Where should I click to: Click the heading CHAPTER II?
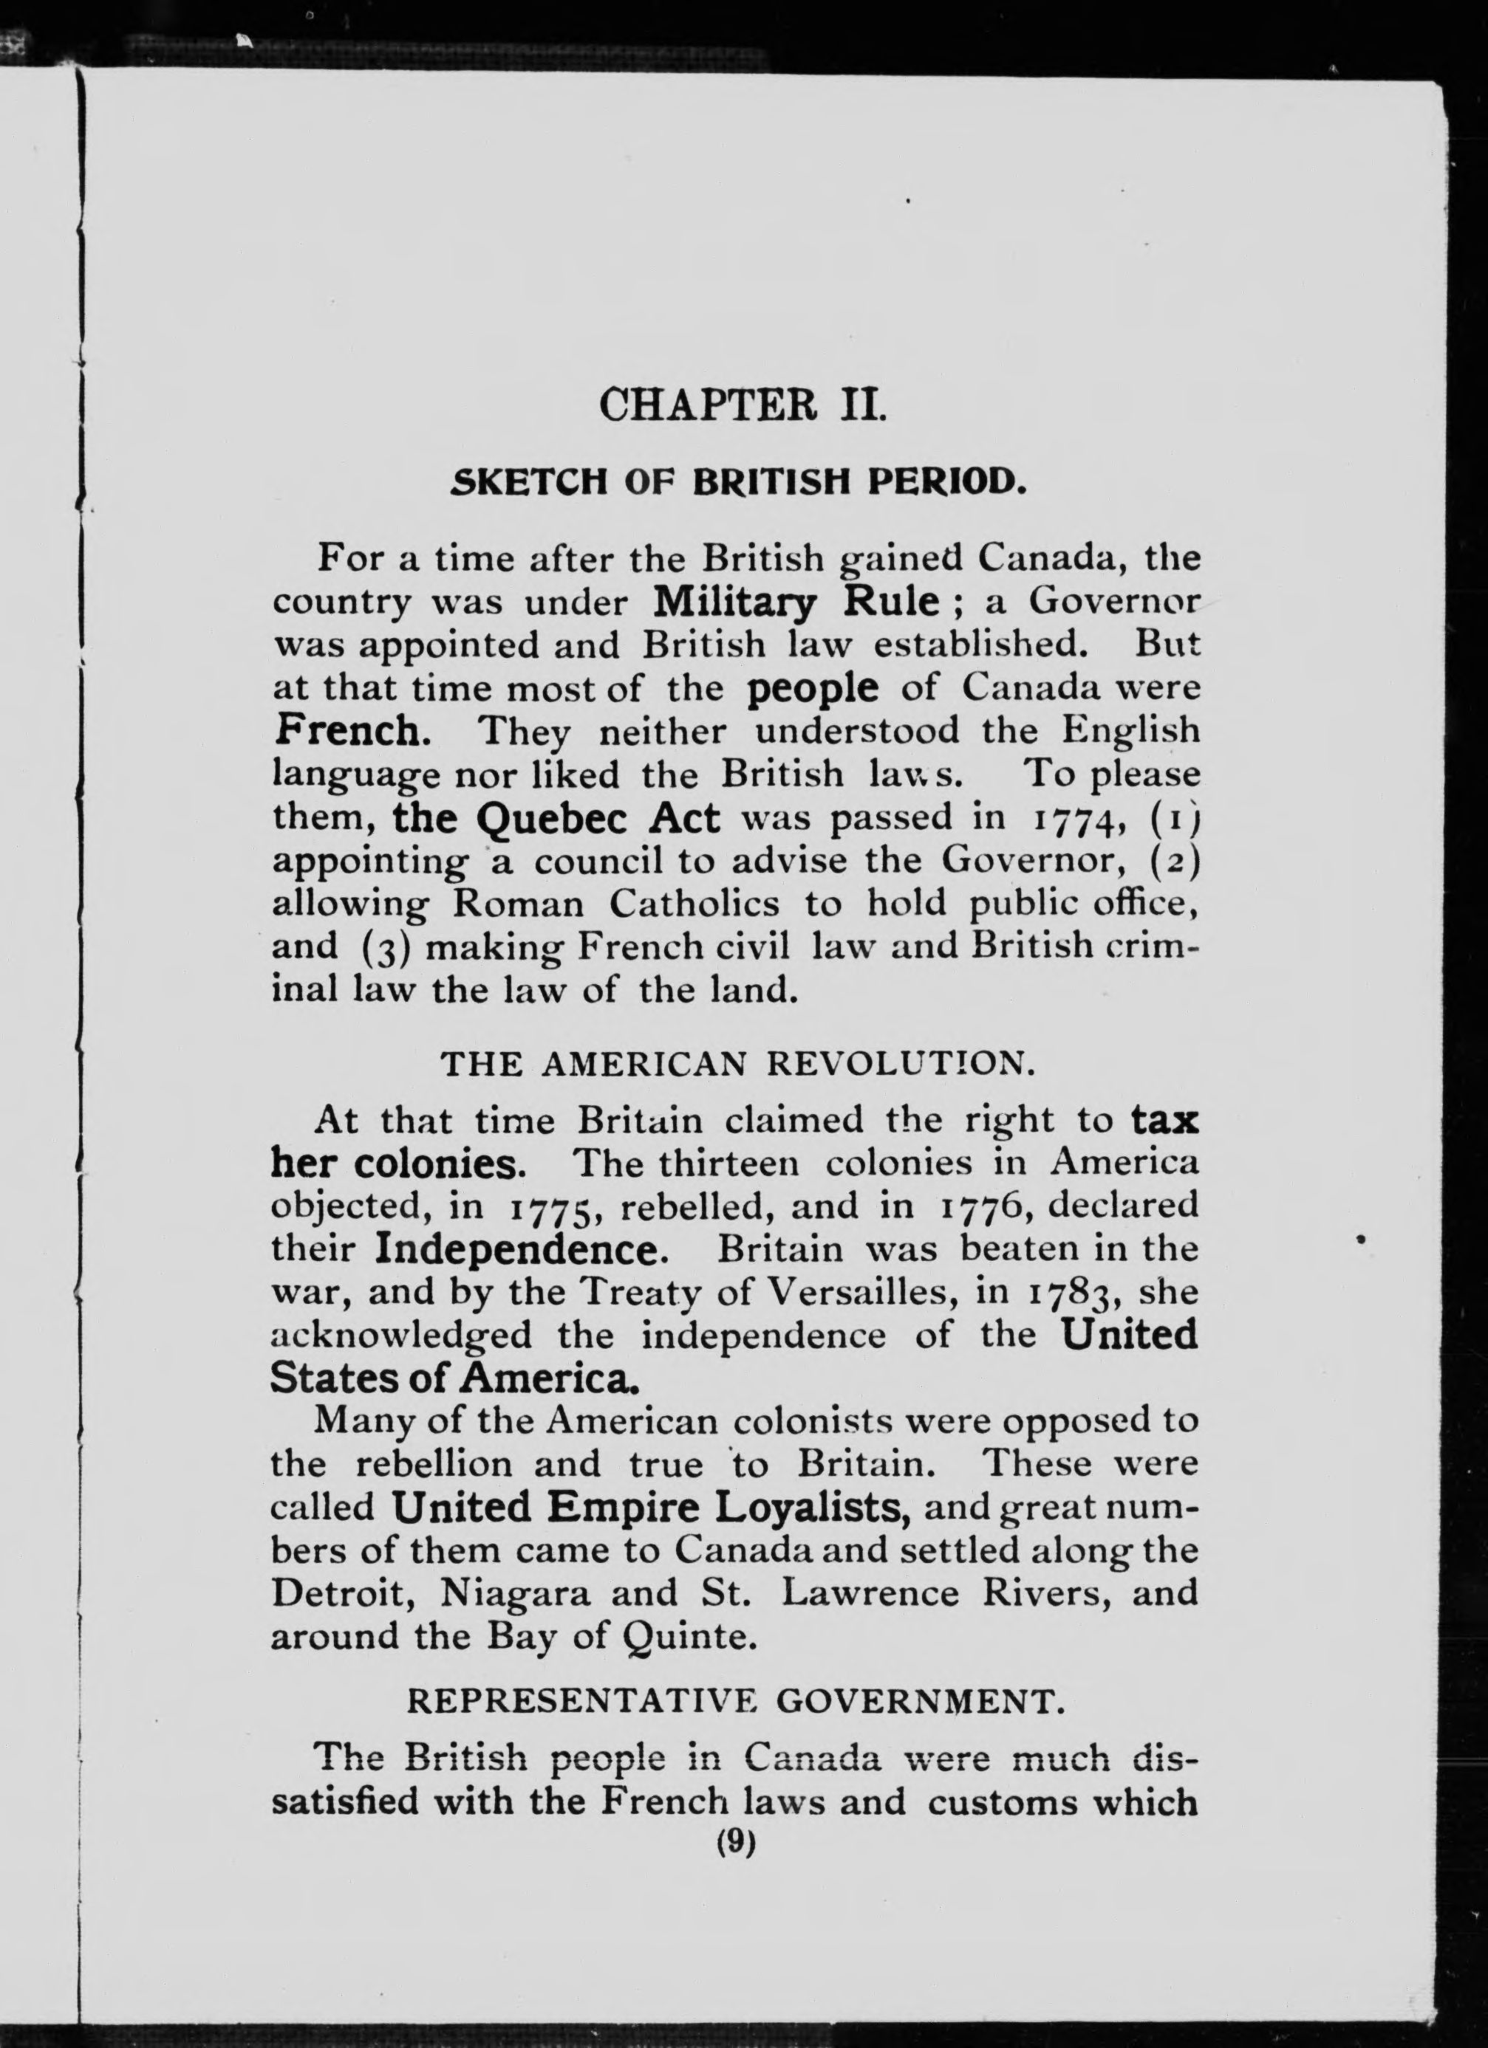[x=743, y=404]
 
